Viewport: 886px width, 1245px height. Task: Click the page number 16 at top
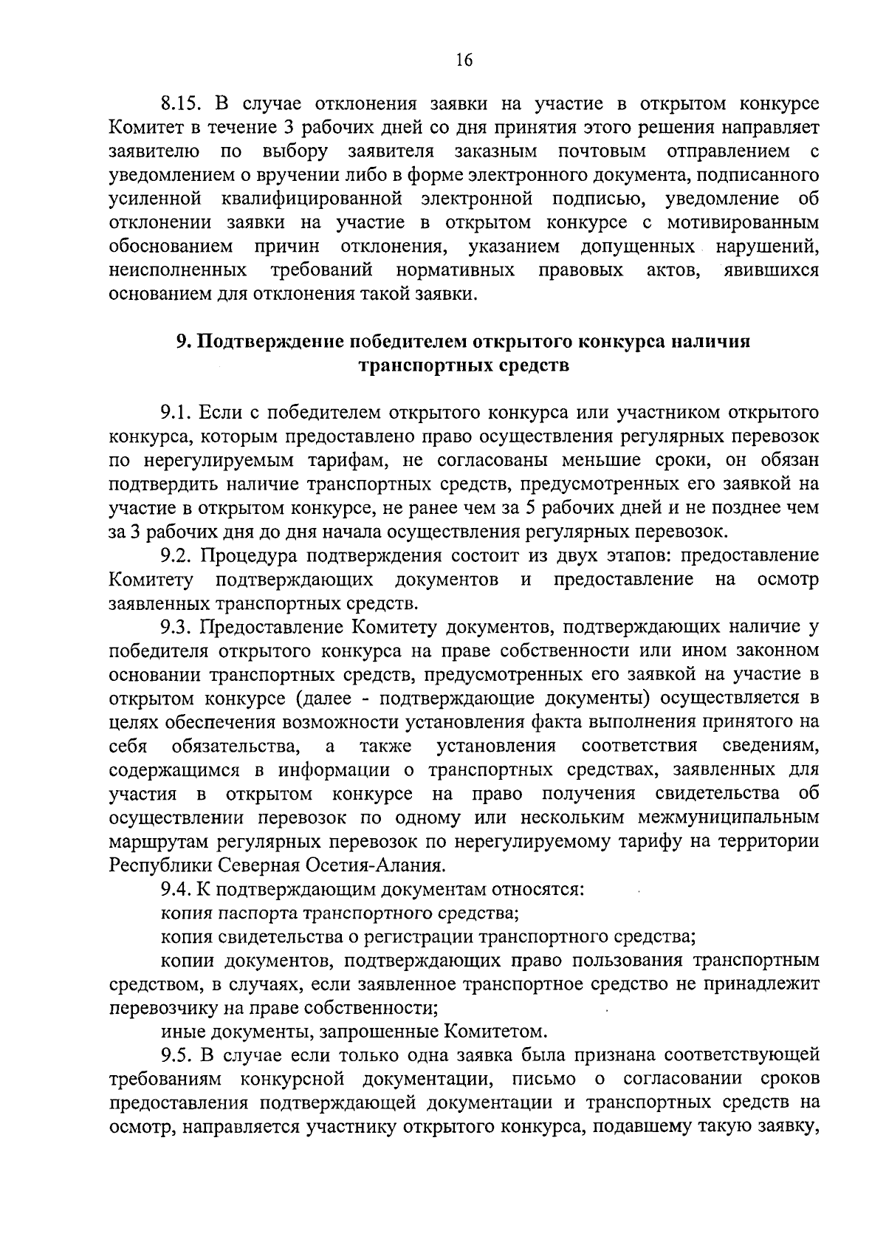(x=464, y=61)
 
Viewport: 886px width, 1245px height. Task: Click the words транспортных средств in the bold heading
(x=464, y=366)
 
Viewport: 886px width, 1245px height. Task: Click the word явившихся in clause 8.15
(x=771, y=270)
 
